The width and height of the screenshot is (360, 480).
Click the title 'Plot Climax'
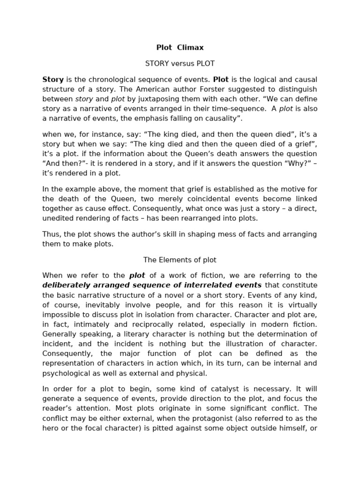(x=180, y=47)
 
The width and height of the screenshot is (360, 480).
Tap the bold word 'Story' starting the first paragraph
(x=53, y=79)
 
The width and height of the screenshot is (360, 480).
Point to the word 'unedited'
(x=58, y=218)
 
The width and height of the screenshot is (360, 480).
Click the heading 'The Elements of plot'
(x=180, y=260)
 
